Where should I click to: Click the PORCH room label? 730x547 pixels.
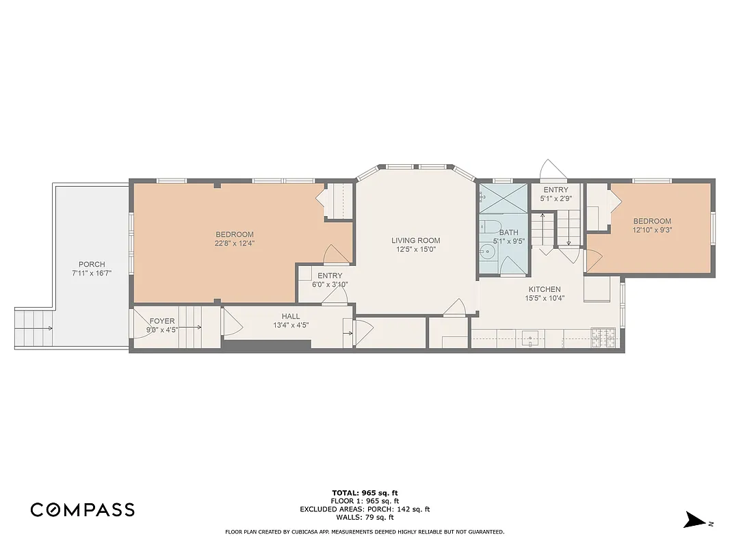(92, 265)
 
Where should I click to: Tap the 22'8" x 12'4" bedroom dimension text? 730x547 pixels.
(235, 243)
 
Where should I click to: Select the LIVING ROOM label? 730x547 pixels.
(415, 240)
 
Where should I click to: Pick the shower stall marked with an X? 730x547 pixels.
(504, 198)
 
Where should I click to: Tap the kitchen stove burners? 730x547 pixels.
(603, 336)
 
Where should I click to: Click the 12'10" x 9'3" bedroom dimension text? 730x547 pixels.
(651, 230)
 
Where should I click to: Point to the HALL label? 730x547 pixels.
(290, 317)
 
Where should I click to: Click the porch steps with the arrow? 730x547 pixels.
(34, 329)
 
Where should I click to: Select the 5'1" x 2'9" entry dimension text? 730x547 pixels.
(556, 198)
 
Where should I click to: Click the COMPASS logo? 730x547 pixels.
(82, 509)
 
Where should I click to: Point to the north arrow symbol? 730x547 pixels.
(694, 520)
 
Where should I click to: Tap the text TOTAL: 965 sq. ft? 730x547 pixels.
(365, 492)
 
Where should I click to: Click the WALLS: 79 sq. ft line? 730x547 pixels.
(365, 517)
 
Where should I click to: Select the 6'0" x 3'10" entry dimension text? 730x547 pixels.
(330, 284)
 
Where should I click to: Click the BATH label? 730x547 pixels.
(508, 232)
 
